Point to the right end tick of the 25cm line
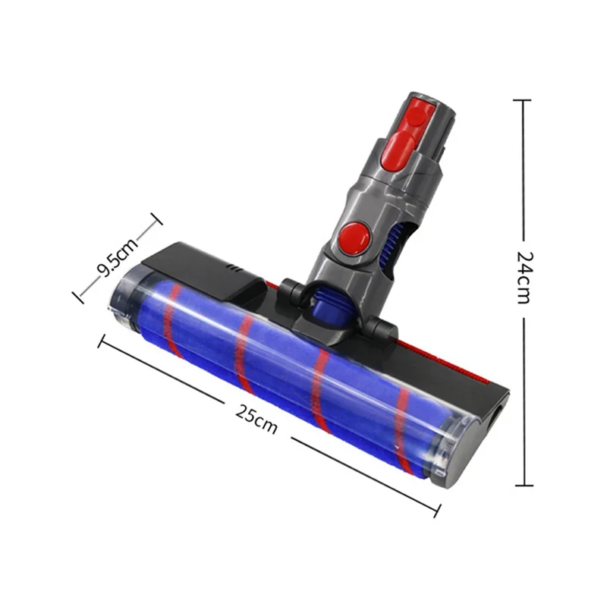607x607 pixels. [x=438, y=510]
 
